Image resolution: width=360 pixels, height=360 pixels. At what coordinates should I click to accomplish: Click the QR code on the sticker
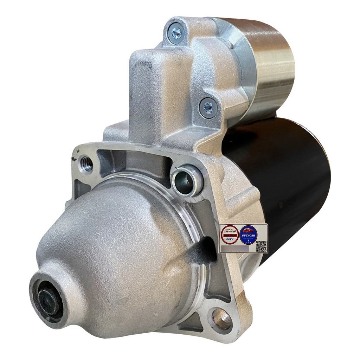[x=261, y=246]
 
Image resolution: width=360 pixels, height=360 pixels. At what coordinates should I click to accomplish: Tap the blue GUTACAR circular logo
[x=249, y=234]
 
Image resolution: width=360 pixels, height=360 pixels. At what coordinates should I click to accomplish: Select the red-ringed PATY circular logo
[x=230, y=234]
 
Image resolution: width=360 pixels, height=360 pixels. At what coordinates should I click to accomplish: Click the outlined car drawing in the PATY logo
[x=230, y=231]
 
